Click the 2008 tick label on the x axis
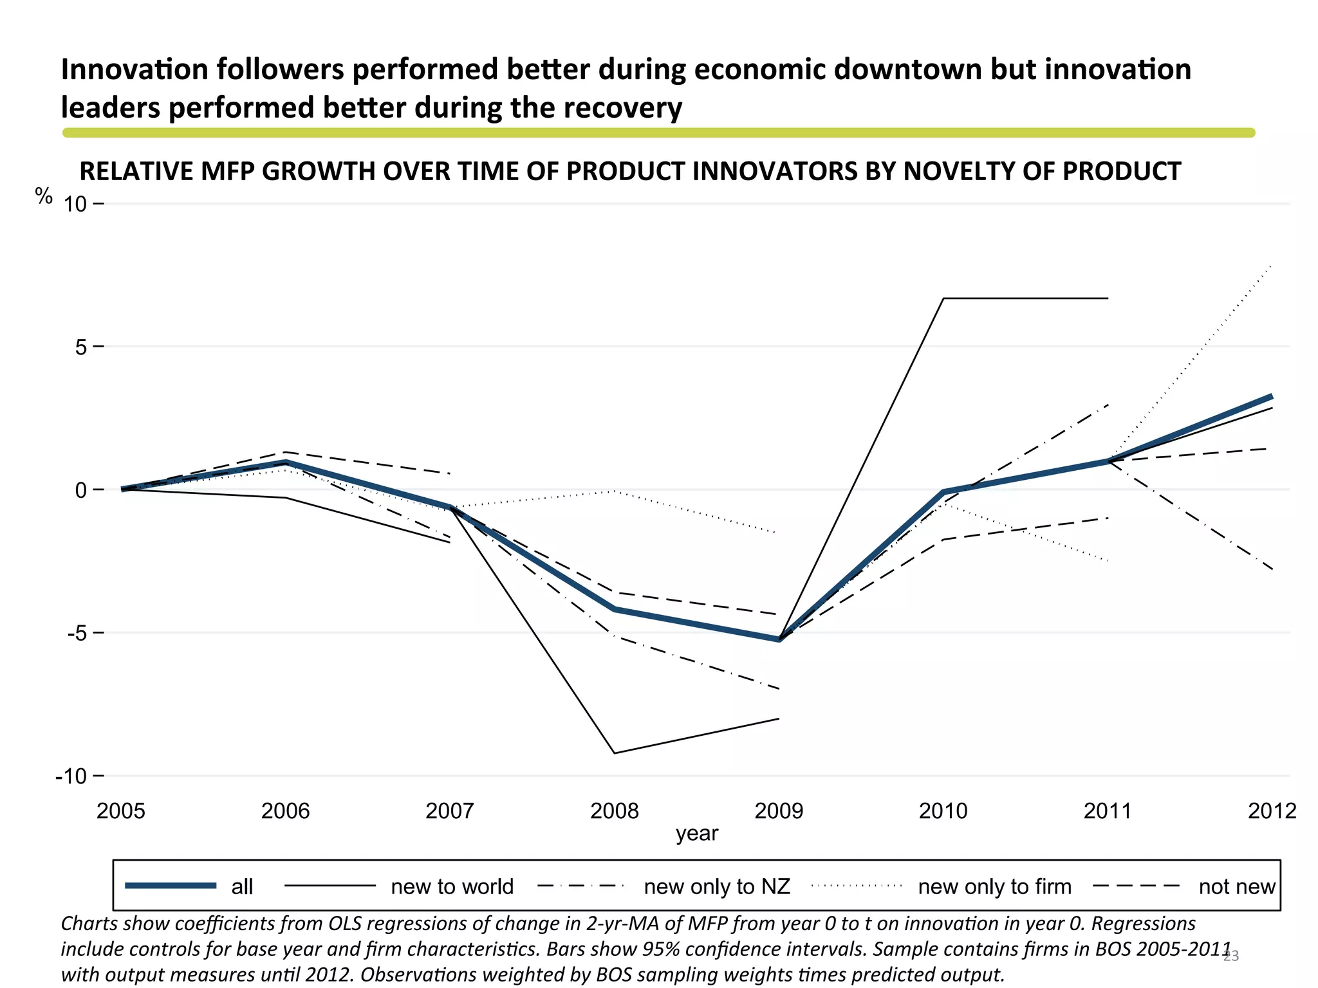pos(614,810)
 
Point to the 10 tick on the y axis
pos(75,205)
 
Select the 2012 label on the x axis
pos(1272,810)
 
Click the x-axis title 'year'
pos(696,834)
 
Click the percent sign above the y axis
pos(44,196)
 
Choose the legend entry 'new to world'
pos(452,886)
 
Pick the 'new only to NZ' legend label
pos(716,886)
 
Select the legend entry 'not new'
pos(1236,886)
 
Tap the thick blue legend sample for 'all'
pos(171,886)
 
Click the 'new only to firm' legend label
pos(994,886)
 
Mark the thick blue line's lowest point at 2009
pos(779,639)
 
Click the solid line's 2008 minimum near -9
pos(615,753)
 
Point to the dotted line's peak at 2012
pos(1272,264)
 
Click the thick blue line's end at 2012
pos(1272,396)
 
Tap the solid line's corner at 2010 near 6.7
pos(943,298)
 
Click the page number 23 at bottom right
pos(1230,956)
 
